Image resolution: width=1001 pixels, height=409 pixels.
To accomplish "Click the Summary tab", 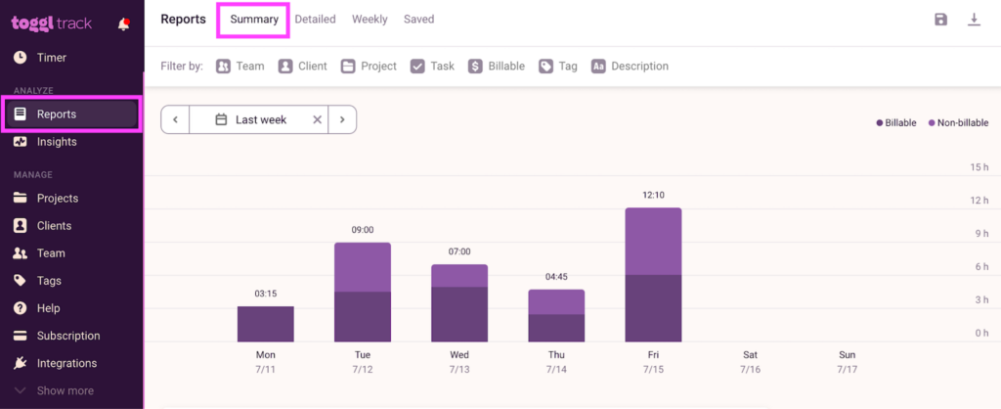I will [x=254, y=20].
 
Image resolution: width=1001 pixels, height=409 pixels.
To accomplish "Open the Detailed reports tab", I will [x=315, y=20].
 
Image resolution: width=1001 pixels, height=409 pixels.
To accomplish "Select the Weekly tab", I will [x=370, y=20].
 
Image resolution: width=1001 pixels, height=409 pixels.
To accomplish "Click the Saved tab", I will [x=418, y=20].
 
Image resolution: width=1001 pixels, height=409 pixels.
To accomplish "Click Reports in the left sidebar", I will [x=57, y=114].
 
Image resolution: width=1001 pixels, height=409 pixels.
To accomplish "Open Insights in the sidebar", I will [x=57, y=142].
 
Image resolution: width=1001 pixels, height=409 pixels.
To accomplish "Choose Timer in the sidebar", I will [x=51, y=58].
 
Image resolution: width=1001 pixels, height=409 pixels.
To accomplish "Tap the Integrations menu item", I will [x=66, y=363].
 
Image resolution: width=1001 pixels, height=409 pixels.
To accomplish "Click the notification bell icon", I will [x=123, y=24].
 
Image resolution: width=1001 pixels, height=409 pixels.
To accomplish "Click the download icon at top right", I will [x=974, y=20].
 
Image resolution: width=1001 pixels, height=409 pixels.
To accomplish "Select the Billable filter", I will [x=497, y=67].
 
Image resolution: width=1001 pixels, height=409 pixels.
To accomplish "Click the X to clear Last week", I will [x=317, y=120].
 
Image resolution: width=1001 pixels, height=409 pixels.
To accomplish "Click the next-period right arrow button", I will [x=342, y=120].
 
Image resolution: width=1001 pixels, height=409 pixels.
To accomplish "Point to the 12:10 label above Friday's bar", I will [x=653, y=196].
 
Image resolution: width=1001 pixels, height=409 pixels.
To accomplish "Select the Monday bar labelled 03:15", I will [x=265, y=323].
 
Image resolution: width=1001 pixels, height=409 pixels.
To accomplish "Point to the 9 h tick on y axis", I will [x=979, y=233].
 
